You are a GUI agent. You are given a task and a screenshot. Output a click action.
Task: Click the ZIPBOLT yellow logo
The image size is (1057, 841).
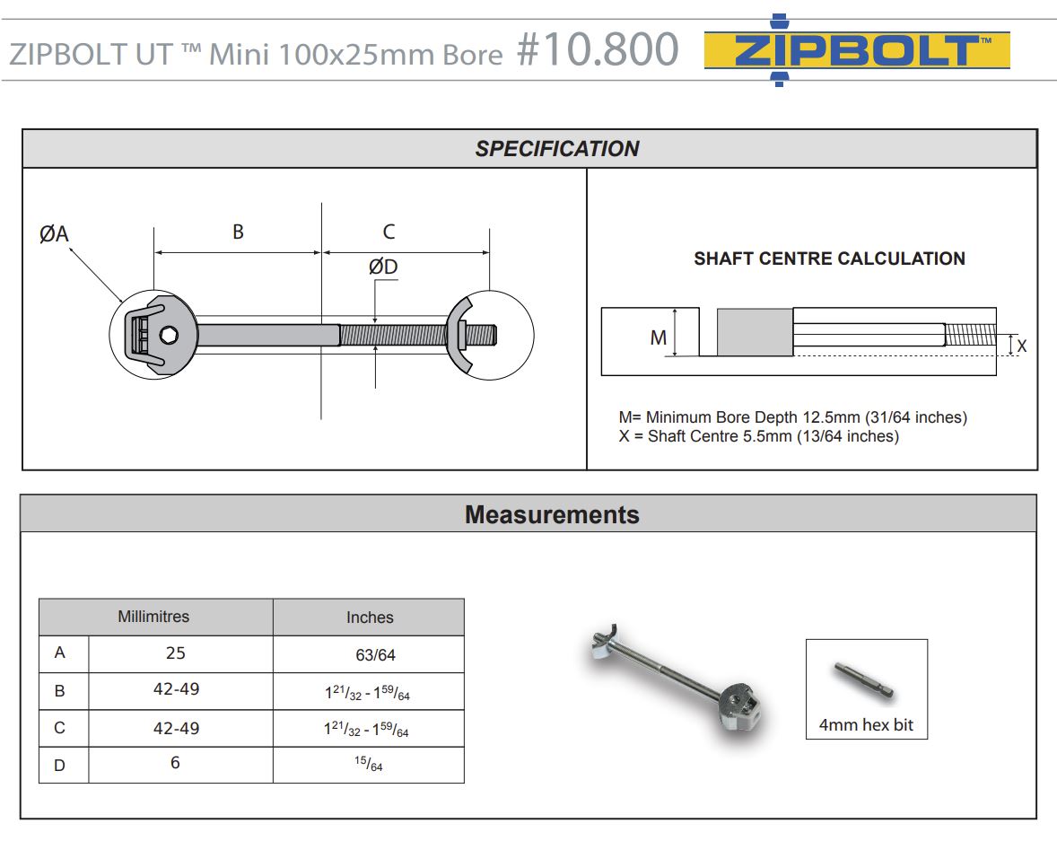[857, 51]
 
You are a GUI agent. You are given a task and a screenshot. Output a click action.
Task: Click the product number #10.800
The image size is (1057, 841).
[597, 50]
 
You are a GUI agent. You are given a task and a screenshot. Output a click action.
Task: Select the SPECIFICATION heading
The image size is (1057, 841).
[556, 149]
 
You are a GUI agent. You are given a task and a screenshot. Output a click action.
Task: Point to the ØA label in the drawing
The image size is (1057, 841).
[54, 234]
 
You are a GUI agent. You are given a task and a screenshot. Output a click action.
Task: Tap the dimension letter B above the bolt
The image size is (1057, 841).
[238, 232]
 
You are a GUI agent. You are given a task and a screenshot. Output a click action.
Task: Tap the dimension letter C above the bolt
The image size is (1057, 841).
[389, 232]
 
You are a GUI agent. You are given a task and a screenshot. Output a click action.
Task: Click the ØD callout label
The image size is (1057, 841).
[383, 267]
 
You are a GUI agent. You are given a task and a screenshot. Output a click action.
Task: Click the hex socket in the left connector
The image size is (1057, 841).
[170, 336]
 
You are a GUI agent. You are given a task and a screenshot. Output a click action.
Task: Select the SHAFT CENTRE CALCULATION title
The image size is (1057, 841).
[829, 258]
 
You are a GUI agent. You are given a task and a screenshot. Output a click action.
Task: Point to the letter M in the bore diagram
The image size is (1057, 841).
[659, 337]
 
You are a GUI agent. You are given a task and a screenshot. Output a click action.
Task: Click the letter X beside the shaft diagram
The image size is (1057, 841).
[1021, 345]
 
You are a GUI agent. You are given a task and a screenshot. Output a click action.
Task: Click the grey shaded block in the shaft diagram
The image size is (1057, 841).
[754, 331]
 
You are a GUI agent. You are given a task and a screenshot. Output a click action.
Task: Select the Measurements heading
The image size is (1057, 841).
[552, 514]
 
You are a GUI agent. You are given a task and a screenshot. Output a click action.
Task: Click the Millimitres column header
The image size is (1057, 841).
[153, 617]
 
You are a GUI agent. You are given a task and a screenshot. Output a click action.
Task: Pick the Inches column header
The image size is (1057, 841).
[370, 618]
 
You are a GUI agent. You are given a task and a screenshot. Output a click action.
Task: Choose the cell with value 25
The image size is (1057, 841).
[175, 653]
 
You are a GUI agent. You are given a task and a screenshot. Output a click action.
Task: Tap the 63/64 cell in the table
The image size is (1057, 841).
[375, 655]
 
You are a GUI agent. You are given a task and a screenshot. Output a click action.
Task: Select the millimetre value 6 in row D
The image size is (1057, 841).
[175, 763]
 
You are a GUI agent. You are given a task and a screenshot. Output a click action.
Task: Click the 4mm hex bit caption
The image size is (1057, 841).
[866, 724]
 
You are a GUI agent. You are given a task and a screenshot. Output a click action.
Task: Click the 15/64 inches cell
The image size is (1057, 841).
[368, 764]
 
